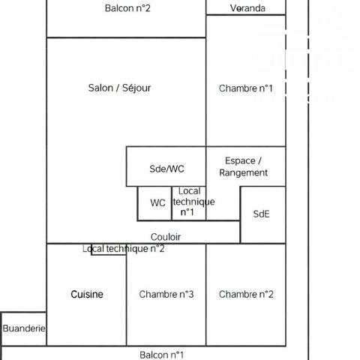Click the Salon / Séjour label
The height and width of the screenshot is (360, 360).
119,88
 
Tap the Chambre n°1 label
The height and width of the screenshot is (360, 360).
246,88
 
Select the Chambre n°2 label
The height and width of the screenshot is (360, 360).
246,294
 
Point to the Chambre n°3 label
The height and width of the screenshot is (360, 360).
166,294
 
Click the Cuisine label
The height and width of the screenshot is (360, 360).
87,294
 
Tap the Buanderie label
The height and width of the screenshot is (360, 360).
24,328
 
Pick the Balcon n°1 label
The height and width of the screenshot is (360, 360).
162,355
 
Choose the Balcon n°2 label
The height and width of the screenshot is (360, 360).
127,8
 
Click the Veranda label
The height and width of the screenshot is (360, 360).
247,8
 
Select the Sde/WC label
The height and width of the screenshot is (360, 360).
166,169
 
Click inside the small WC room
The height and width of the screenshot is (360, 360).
154,203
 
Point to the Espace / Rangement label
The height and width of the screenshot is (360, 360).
244,166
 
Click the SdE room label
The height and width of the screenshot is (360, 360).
261,214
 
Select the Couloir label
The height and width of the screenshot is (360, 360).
166,237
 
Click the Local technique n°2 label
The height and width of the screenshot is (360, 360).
124,249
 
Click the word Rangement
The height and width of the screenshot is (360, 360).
244,172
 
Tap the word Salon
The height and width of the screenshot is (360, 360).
100,88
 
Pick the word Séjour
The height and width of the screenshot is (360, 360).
136,88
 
